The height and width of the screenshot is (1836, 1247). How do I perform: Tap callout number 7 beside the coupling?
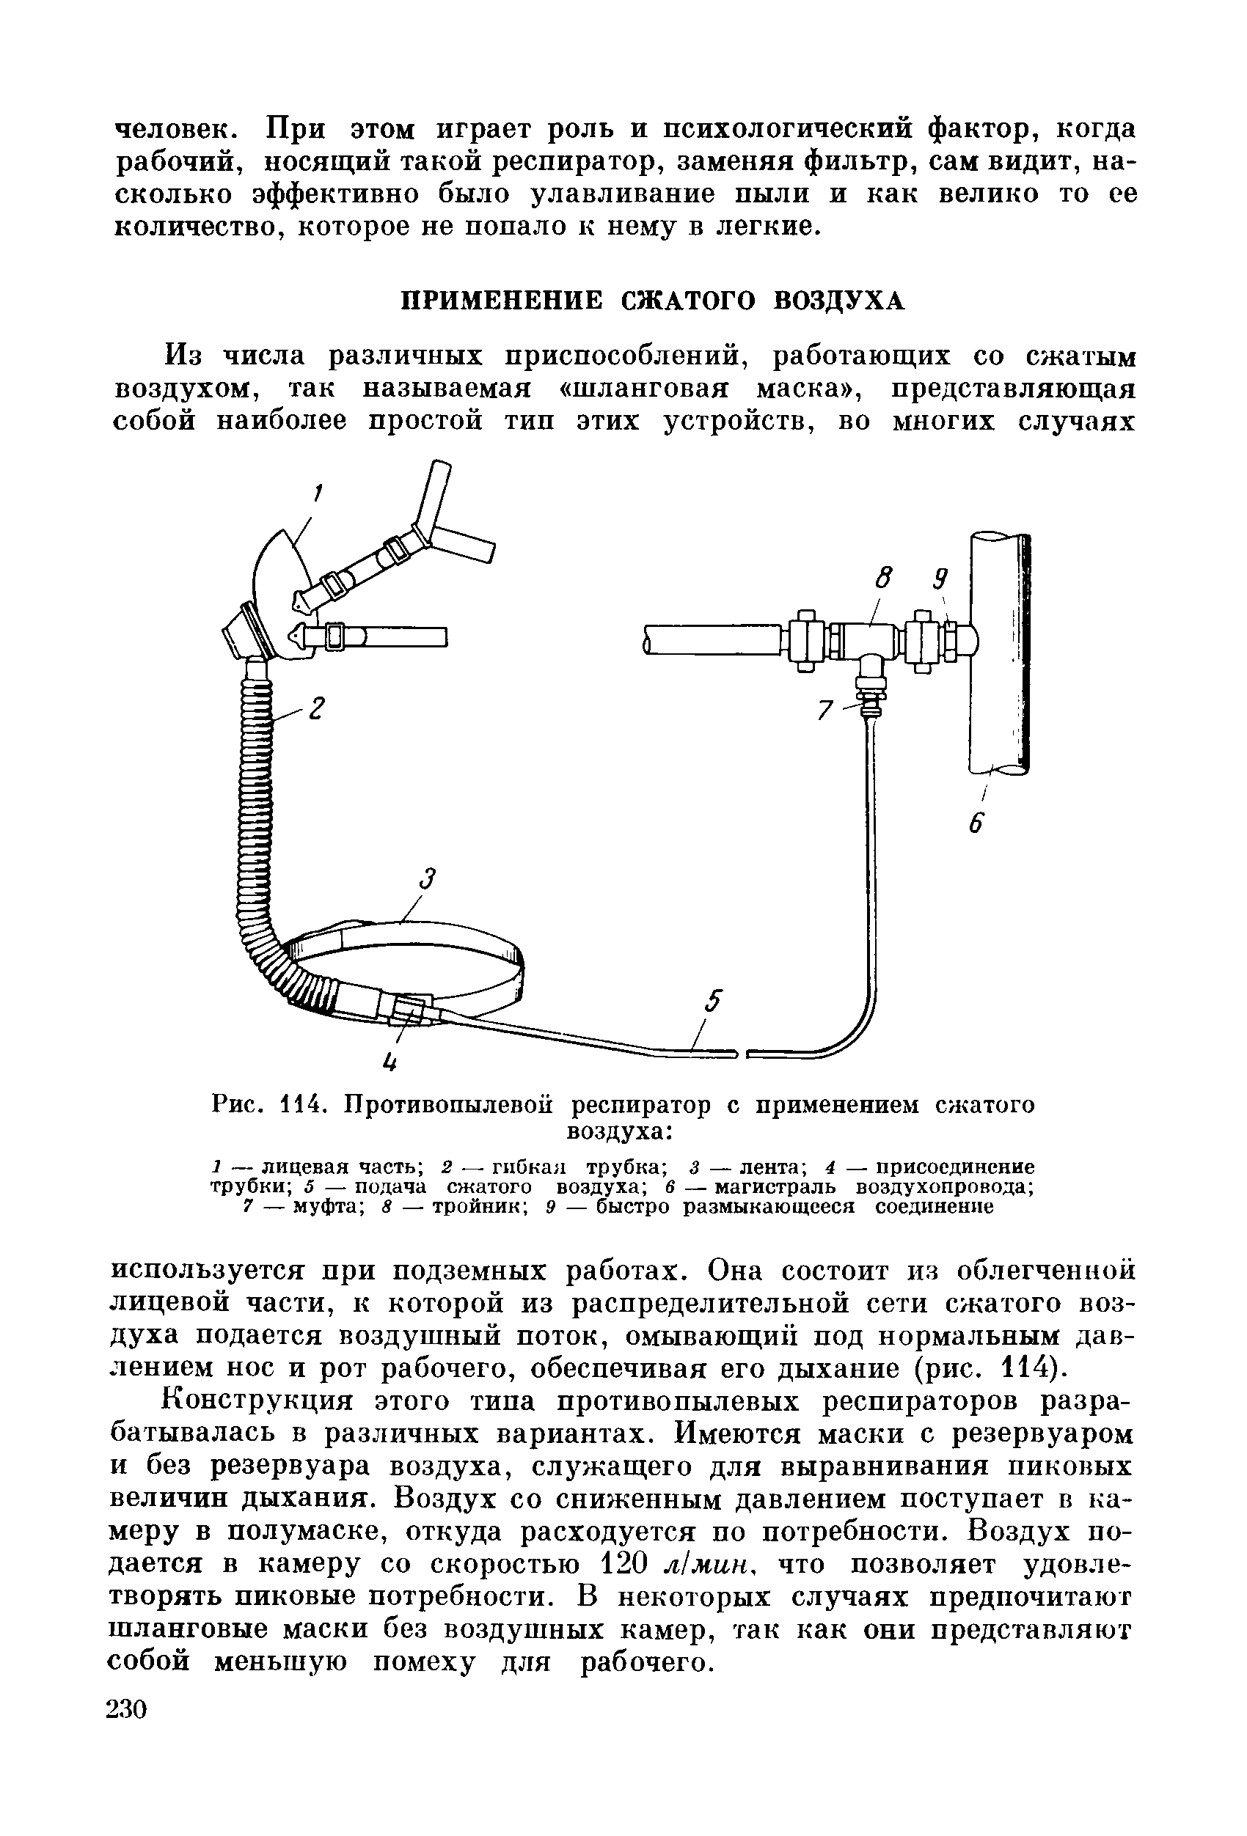[x=825, y=711]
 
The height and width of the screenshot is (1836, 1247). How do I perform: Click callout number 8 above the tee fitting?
[x=883, y=578]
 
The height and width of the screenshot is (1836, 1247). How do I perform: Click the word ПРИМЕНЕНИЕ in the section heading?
[x=504, y=301]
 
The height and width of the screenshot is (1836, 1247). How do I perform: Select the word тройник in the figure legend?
[x=480, y=1208]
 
